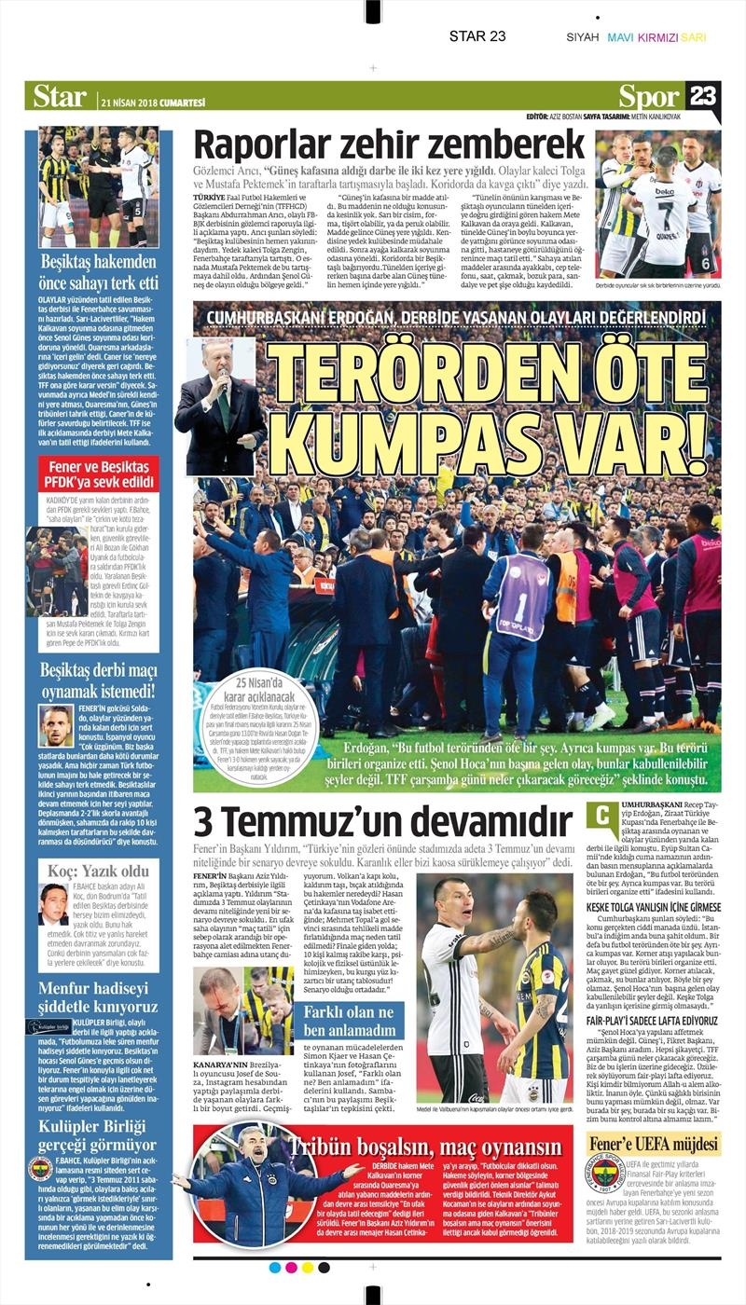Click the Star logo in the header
60,96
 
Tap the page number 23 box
703,96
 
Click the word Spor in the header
649,96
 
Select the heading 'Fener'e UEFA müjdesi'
654,1144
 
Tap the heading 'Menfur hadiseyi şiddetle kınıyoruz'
99,996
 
